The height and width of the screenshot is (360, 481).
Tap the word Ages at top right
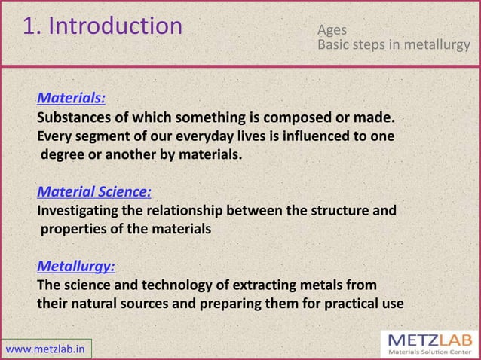point(332,31)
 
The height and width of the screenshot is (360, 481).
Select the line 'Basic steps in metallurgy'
point(394,46)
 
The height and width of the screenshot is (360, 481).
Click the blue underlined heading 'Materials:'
point(72,98)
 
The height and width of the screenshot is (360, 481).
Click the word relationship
point(203,211)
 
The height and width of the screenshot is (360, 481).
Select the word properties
point(74,230)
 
